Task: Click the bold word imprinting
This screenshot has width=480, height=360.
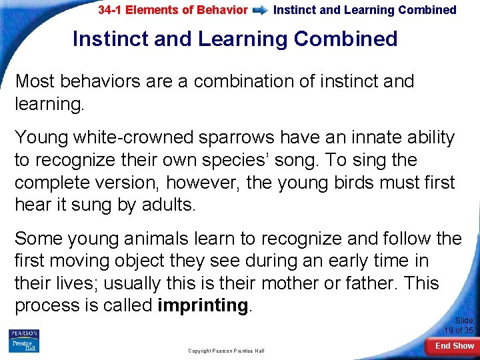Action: click(203, 306)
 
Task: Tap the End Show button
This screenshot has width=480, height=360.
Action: click(454, 346)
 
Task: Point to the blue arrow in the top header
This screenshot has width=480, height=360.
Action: click(261, 11)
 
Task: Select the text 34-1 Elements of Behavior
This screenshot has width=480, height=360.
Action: click(173, 11)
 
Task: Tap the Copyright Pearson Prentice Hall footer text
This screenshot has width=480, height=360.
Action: click(226, 351)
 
